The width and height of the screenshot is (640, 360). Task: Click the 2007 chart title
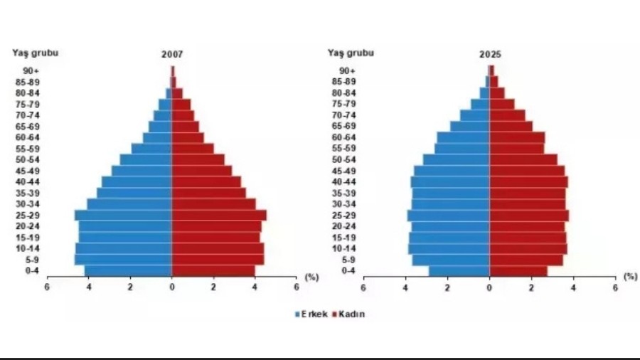172,54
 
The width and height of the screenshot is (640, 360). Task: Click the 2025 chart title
489,54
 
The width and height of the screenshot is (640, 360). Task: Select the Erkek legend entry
311,314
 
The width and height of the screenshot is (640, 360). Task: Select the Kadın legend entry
350,314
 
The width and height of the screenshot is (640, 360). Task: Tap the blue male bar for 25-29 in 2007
124,215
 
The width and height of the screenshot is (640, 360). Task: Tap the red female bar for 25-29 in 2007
218,215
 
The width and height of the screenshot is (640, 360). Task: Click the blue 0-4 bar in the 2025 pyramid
459,270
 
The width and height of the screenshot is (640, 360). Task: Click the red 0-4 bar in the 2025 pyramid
518,270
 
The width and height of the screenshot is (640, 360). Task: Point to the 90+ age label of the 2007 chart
31,70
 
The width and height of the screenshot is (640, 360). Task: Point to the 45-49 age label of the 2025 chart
345,171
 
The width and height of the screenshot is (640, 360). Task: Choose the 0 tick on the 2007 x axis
171,287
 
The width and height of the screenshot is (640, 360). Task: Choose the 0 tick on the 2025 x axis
489,287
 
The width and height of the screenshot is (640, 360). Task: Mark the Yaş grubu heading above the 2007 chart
35,52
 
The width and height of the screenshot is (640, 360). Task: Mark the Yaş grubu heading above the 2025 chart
351,52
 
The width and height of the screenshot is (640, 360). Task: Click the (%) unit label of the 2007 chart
311,276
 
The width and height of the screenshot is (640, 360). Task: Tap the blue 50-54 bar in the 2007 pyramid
146,159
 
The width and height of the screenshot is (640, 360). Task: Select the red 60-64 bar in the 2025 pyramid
516,137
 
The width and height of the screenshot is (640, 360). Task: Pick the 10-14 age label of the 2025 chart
345,248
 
